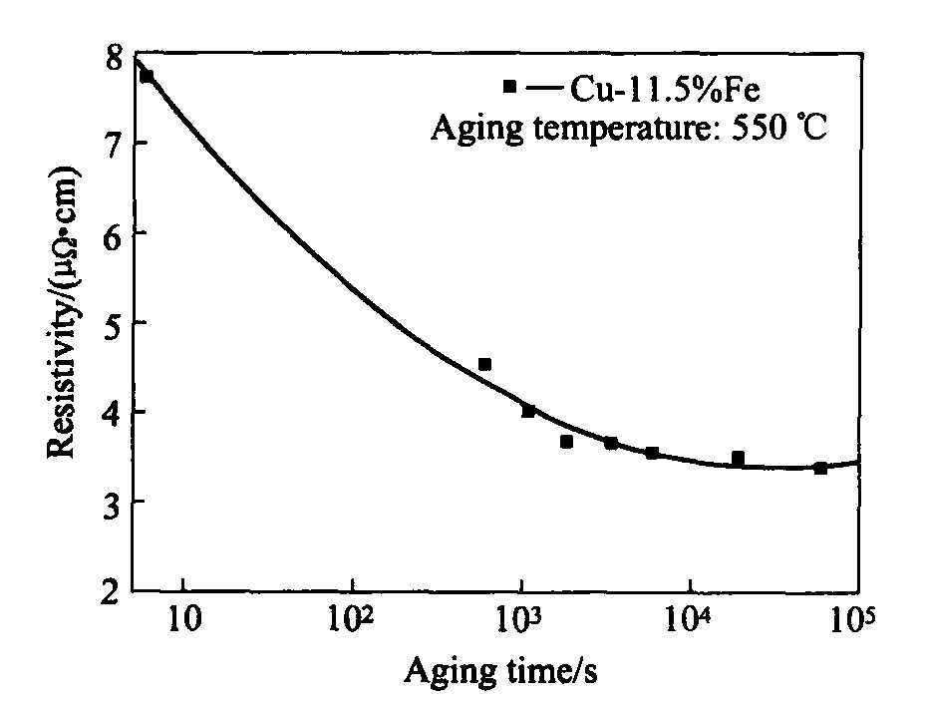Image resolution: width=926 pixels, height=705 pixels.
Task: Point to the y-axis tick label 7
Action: (115, 144)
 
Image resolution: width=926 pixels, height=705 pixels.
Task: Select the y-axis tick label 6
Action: (115, 233)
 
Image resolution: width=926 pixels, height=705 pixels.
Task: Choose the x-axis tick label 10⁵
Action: (852, 624)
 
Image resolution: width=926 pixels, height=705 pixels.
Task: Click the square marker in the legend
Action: (510, 87)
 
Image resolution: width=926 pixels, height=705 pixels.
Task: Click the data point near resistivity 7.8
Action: (148, 76)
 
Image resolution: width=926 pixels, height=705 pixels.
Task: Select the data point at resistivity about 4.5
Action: (484, 365)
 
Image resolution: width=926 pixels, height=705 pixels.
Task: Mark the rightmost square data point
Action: (820, 468)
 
